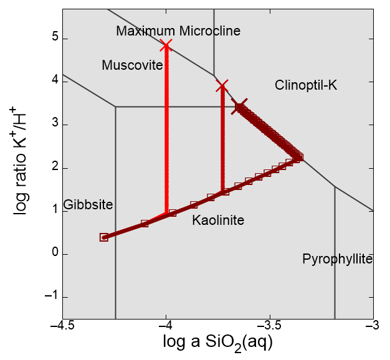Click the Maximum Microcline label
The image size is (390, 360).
coord(178,31)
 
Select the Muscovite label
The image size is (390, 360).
coord(132,65)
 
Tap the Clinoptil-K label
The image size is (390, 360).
coord(306,85)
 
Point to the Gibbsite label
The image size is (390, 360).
coord(88,205)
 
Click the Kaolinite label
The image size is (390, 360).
coord(218,220)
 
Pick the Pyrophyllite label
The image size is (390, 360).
coord(337,259)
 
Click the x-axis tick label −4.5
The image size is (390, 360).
coord(62,326)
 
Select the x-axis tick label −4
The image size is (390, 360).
coord(166,326)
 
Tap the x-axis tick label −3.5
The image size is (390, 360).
coord(270,326)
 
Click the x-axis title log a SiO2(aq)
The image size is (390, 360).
coord(217,343)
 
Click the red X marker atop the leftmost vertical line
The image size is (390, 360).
coord(166,45)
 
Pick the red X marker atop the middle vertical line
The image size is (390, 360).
coord(222,85)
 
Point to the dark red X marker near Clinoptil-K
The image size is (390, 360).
coord(239,106)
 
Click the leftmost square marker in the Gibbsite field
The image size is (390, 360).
coord(104,237)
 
